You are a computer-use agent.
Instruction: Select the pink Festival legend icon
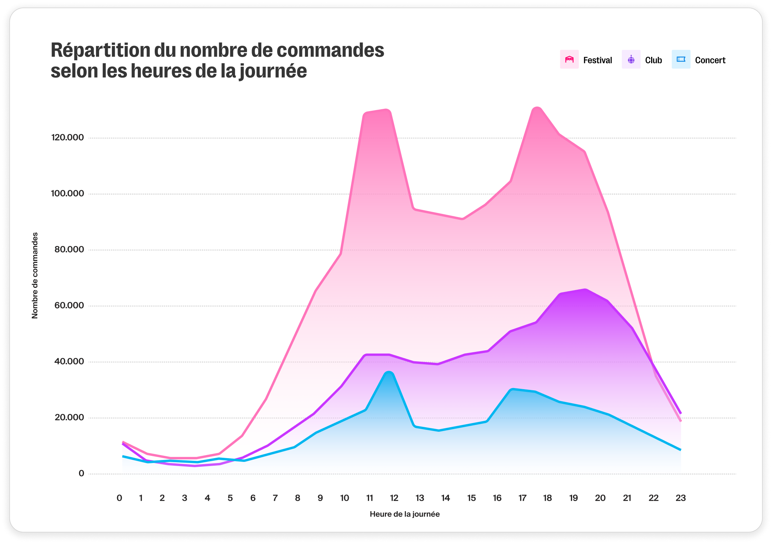[569, 60]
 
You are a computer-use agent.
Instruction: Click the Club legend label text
[653, 60]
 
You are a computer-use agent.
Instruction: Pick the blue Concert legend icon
[681, 60]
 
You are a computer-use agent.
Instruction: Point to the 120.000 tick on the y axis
[67, 138]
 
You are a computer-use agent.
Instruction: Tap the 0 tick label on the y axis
[81, 474]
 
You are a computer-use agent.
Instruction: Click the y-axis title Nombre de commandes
[35, 275]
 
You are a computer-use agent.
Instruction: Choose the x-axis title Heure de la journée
[404, 514]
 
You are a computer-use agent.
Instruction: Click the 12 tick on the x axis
[394, 498]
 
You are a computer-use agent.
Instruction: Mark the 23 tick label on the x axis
[680, 498]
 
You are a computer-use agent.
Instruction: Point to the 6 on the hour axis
[253, 498]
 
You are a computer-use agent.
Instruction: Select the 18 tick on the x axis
[547, 498]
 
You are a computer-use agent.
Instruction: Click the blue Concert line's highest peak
[389, 373]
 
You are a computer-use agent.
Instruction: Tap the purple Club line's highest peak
[585, 289]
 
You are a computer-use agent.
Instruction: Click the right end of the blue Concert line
[680, 449]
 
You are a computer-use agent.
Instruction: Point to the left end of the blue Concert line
[123, 456]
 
